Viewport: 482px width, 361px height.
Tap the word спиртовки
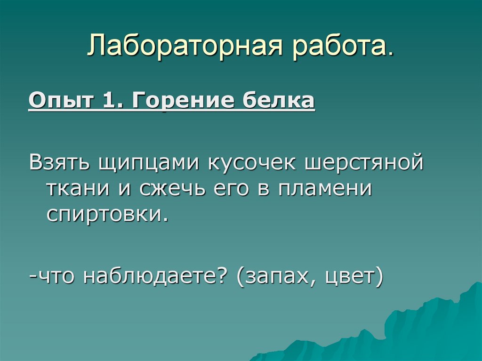[106, 215]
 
